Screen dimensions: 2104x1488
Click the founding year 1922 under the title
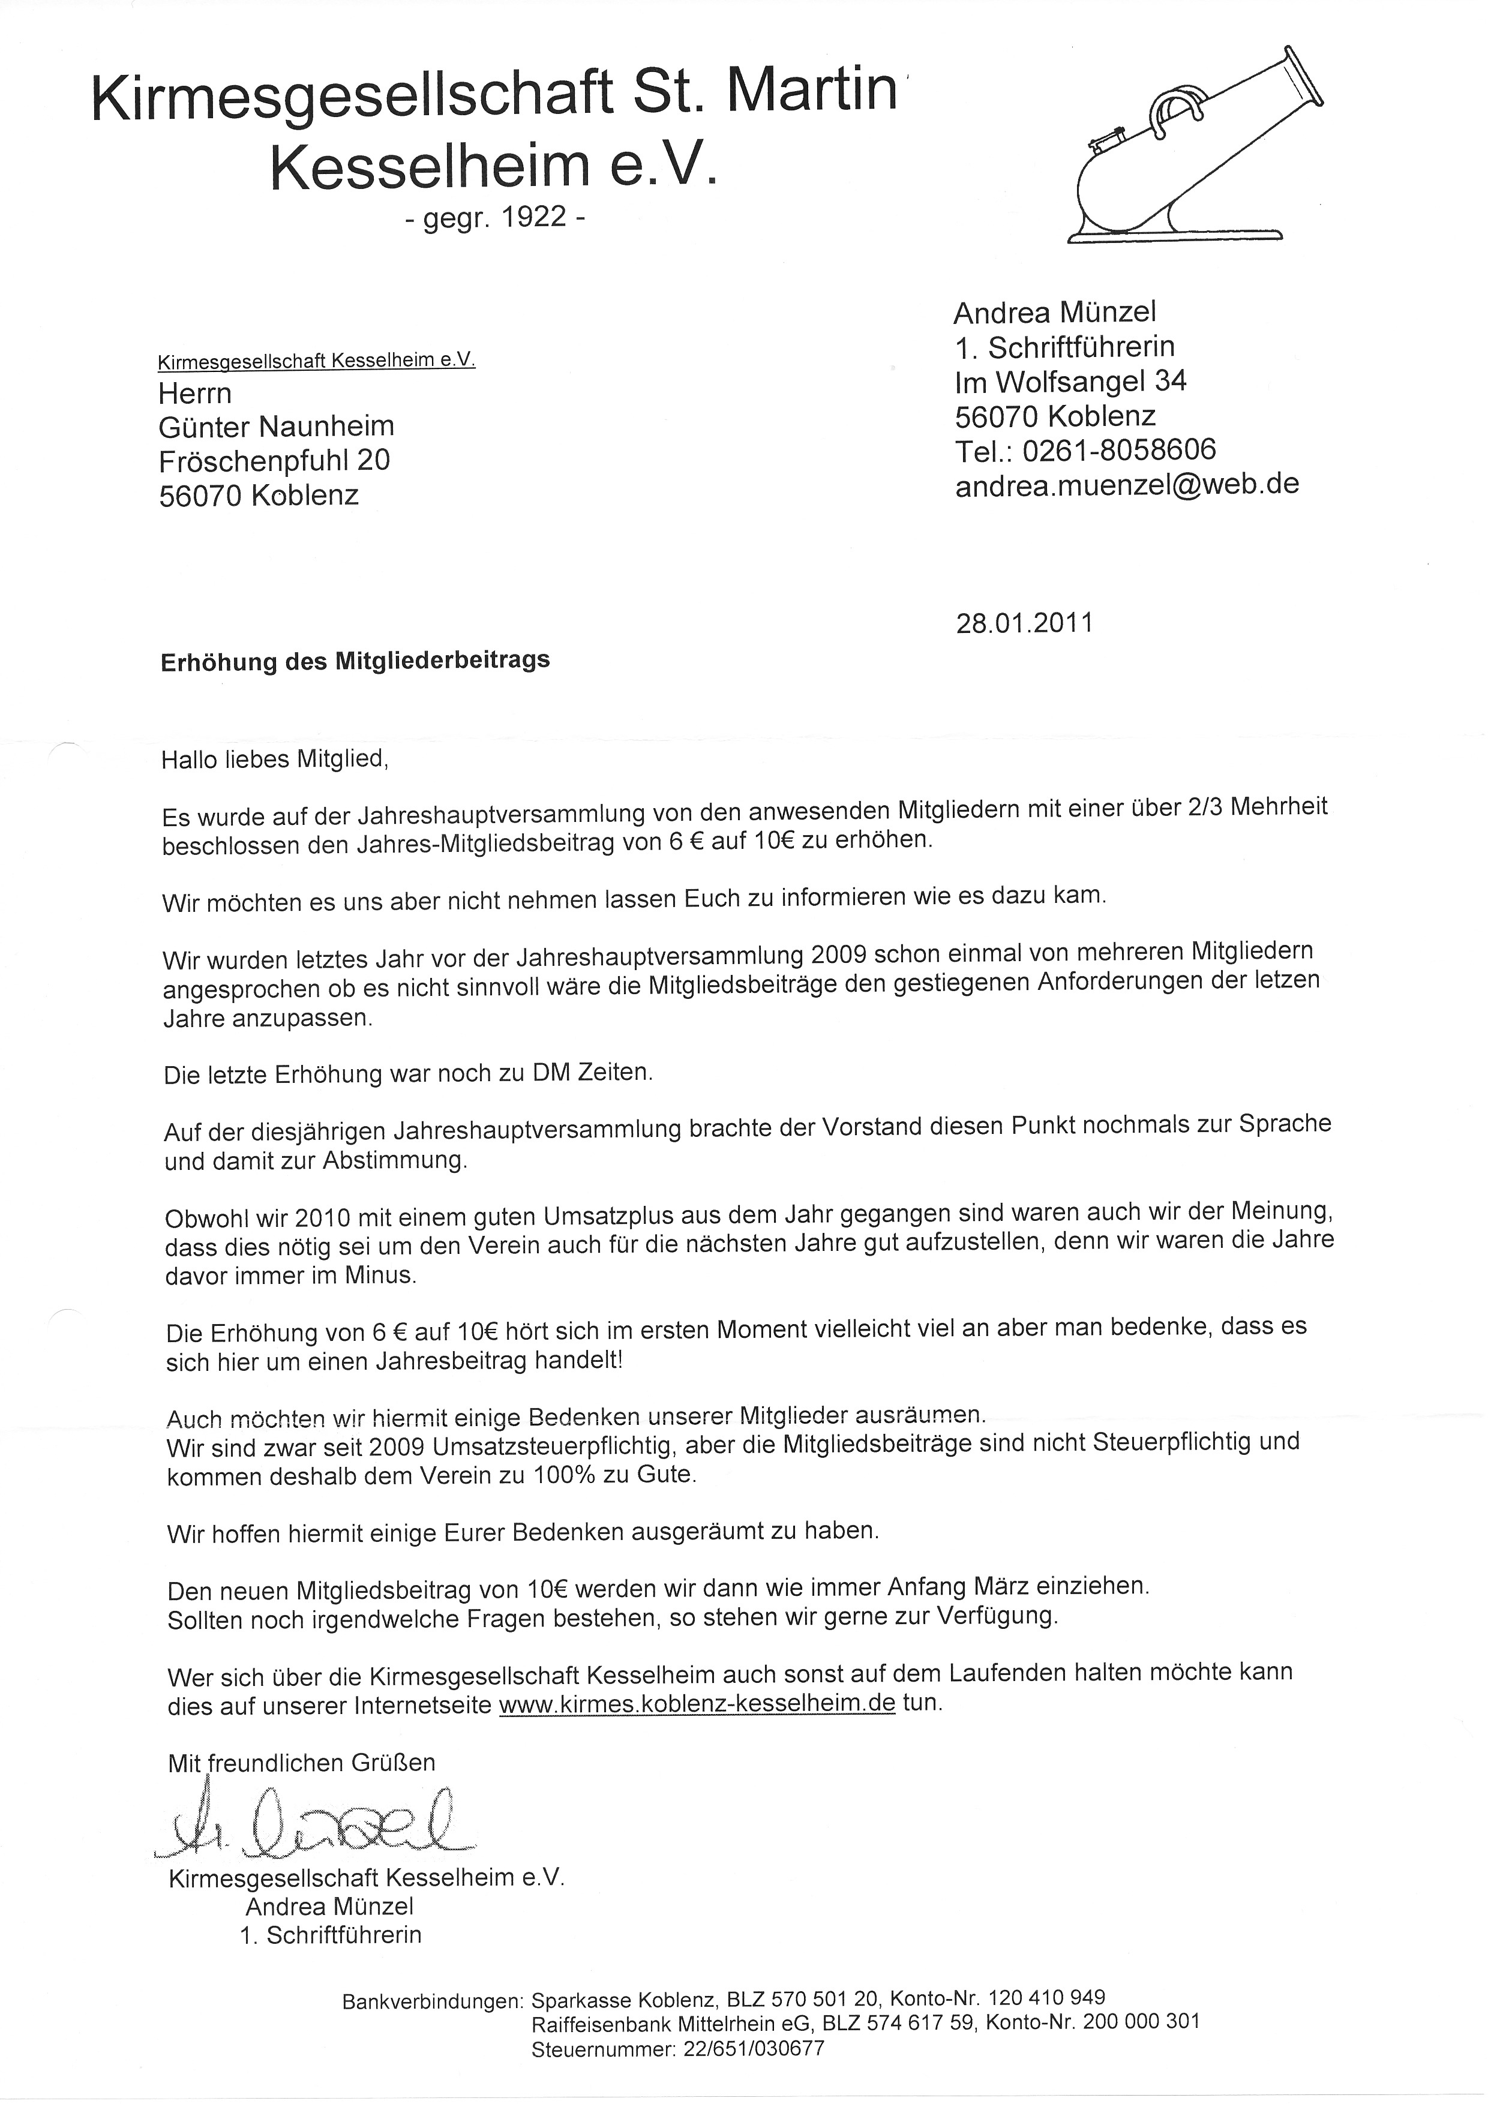click(534, 217)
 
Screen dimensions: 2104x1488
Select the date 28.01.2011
click(1024, 623)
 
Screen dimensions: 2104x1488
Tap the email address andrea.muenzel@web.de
click(1127, 484)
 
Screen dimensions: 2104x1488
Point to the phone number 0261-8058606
click(1119, 450)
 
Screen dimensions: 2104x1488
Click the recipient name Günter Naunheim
click(277, 426)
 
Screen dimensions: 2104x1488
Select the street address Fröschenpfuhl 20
click(275, 460)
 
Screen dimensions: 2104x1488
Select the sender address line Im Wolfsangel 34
click(1070, 381)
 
